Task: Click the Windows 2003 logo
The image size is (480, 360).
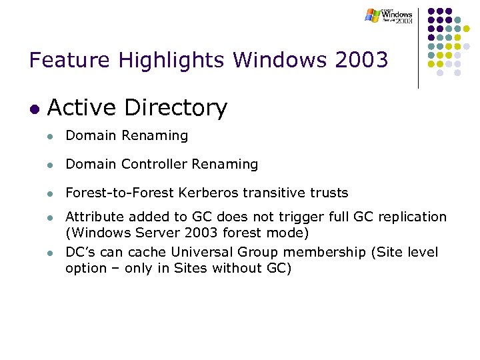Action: coord(389,15)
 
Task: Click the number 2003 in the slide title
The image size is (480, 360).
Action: coord(363,61)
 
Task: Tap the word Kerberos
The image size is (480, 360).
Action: coord(207,193)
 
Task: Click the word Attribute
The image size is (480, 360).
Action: coord(92,217)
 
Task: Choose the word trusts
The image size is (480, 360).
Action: coord(328,193)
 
